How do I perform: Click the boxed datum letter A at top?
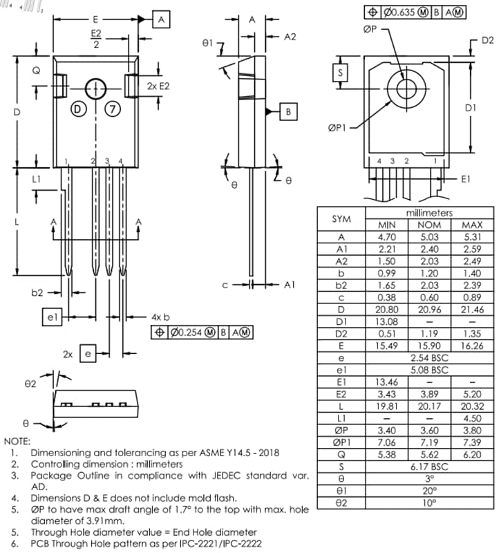(160, 20)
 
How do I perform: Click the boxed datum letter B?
(289, 111)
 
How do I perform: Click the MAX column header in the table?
(472, 225)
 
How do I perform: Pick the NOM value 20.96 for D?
(429, 310)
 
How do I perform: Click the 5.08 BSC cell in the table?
(429, 371)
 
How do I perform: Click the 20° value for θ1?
(429, 491)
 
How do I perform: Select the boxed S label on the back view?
(340, 72)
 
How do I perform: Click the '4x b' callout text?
(160, 317)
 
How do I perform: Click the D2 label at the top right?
(487, 41)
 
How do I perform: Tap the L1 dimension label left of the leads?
(36, 178)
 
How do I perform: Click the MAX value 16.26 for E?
(472, 346)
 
